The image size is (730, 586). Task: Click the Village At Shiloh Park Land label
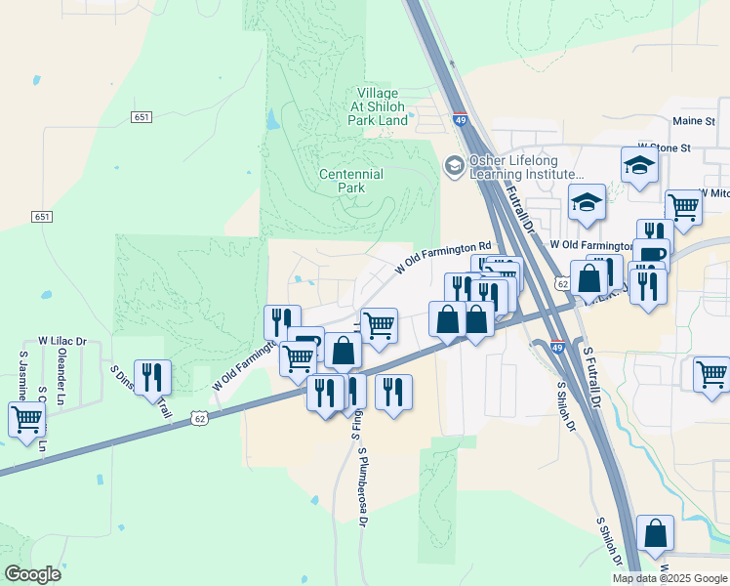tap(378, 106)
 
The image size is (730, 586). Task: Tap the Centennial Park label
tap(350, 181)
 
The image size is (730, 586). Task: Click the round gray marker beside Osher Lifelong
tap(454, 166)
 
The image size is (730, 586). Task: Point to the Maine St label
tap(694, 121)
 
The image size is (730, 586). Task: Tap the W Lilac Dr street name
tap(62, 342)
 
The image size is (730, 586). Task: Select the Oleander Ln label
tap(61, 384)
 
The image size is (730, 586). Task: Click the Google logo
tap(32, 574)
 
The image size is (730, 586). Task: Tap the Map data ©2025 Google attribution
tap(670, 578)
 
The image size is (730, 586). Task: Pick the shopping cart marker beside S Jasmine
tap(26, 420)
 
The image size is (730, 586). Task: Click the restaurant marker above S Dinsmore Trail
tap(152, 376)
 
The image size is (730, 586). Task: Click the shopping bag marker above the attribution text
tap(655, 533)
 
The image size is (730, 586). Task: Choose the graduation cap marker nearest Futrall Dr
tap(588, 202)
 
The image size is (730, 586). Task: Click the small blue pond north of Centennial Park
tap(270, 120)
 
